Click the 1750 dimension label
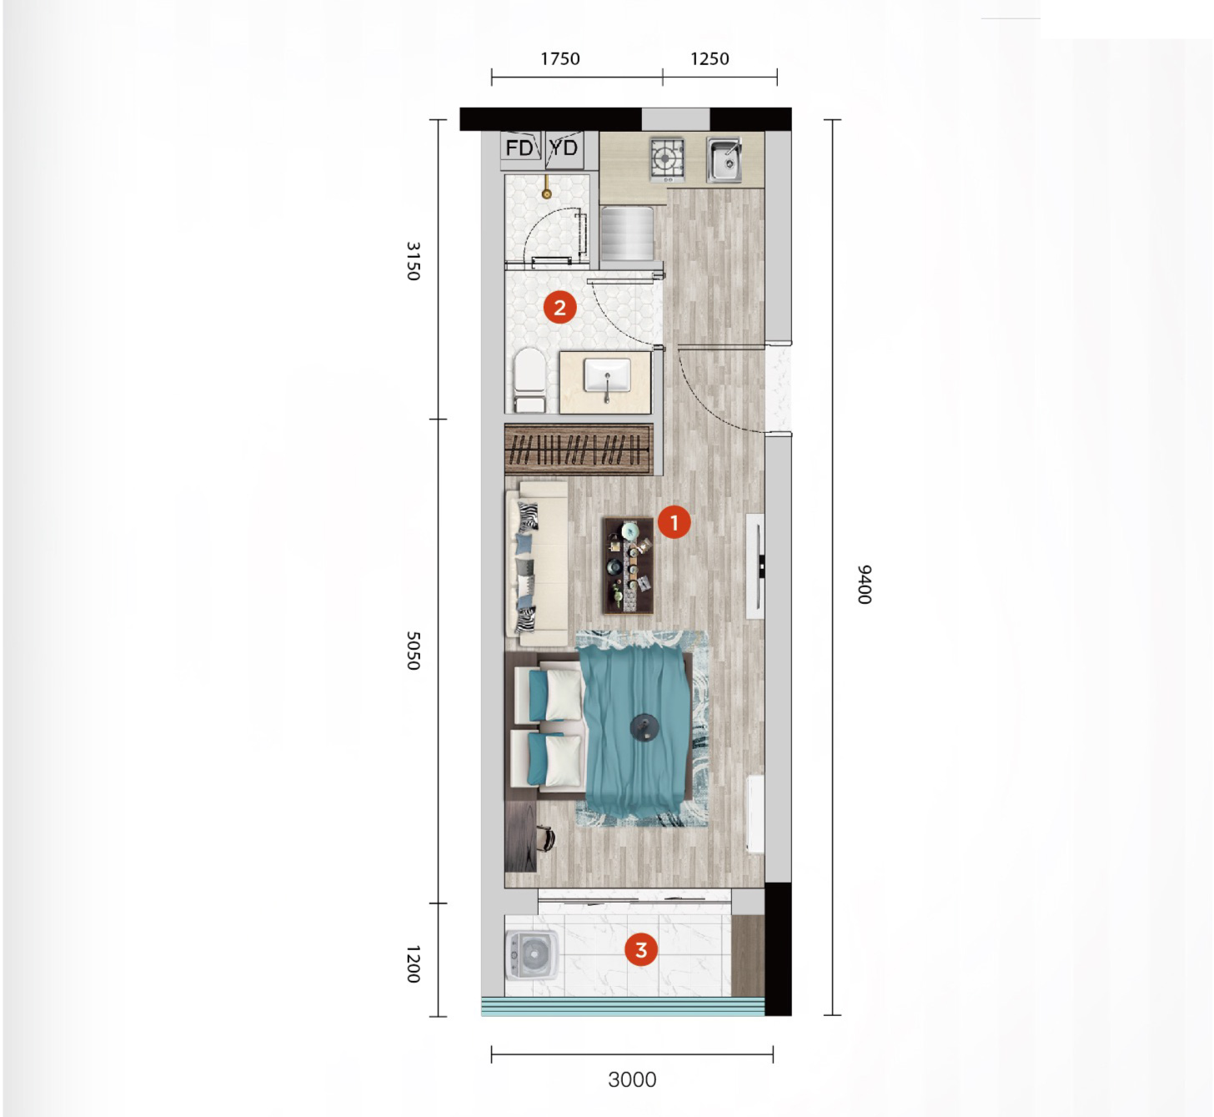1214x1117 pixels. (559, 58)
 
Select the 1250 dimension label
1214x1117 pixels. (710, 58)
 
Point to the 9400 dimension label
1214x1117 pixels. (864, 585)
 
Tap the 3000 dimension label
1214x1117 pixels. (632, 1079)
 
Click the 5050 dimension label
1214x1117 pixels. (413, 651)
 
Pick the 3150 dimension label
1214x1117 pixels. (413, 261)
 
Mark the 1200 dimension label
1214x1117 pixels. (413, 964)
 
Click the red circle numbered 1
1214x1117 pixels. (675, 521)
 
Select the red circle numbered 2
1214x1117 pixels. (559, 307)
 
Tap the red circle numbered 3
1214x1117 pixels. (641, 949)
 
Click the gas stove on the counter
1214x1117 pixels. (667, 159)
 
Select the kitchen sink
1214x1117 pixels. (724, 160)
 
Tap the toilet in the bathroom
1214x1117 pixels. (529, 380)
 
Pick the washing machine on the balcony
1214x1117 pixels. (532, 955)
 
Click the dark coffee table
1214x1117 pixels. (629, 565)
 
